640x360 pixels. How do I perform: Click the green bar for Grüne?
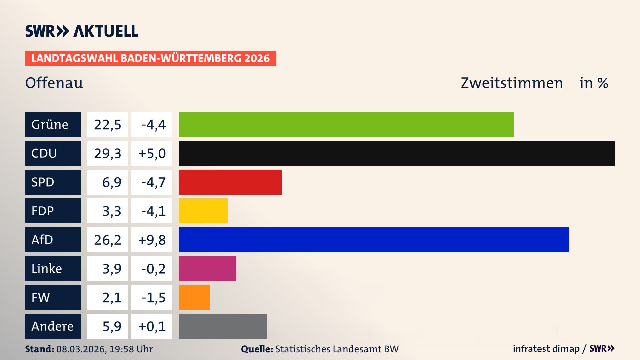click(x=346, y=124)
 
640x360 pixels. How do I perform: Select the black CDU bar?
click(x=397, y=153)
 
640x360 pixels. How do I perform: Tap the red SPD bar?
click(x=230, y=182)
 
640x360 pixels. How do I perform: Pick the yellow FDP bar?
click(x=203, y=211)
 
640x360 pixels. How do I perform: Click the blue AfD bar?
click(x=374, y=240)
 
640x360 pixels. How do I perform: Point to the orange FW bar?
click(x=194, y=297)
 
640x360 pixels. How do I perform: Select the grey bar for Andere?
click(x=223, y=326)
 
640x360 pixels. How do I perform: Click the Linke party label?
click(x=53, y=268)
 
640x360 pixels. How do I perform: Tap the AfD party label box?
click(x=53, y=240)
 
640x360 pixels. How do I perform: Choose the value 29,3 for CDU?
click(x=107, y=153)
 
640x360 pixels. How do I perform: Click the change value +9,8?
click(x=152, y=240)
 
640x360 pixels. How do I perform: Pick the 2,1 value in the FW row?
click(x=112, y=298)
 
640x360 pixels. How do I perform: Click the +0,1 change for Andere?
click(x=152, y=326)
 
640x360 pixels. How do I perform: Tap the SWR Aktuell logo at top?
click(x=82, y=31)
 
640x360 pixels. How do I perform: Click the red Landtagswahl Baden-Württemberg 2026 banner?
click(x=150, y=58)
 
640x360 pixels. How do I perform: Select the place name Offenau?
click(x=54, y=83)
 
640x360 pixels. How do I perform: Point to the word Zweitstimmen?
click(x=512, y=83)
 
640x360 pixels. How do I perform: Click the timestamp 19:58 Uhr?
click(x=131, y=349)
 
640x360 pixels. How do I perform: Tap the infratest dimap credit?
click(x=546, y=349)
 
